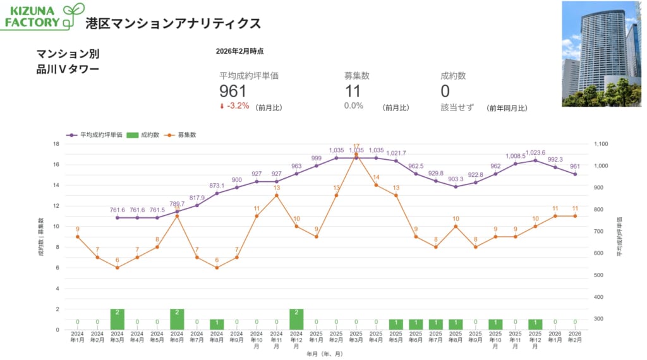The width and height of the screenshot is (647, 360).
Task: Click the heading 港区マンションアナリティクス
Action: click(173, 23)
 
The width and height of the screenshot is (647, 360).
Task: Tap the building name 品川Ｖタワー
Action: click(68, 69)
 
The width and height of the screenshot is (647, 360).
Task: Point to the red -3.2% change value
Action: click(238, 106)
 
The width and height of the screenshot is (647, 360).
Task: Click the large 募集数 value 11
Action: click(353, 92)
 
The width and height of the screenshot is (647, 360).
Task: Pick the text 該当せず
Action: click(456, 107)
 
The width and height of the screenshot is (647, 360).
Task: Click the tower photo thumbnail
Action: click(601, 54)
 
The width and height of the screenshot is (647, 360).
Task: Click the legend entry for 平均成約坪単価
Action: click(95, 135)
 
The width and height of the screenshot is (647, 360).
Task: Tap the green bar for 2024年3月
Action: click(117, 319)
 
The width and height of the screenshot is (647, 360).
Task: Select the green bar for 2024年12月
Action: click(296, 319)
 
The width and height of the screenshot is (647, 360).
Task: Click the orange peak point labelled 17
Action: click(356, 154)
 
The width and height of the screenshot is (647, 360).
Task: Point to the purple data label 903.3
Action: click(456, 179)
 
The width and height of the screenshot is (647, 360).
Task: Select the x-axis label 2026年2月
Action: click(575, 336)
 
